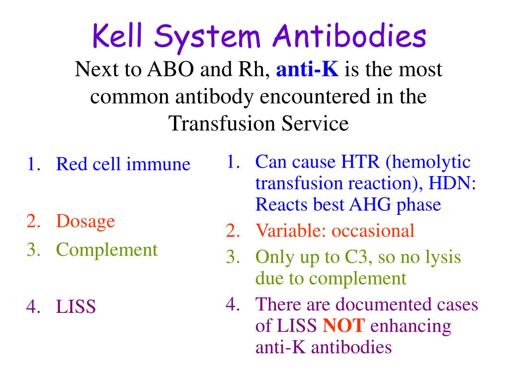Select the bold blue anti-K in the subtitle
point(307,70)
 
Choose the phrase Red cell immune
point(123,164)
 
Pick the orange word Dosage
point(85,221)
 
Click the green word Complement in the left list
point(107,249)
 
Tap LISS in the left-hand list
point(76,307)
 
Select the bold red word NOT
point(344,326)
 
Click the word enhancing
point(411,326)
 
